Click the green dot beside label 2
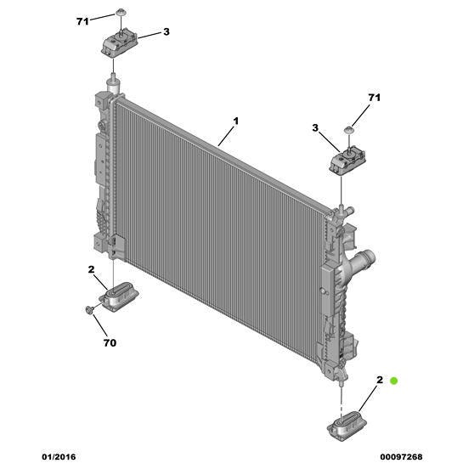pyautogui.click(x=393, y=381)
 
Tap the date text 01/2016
pyautogui.click(x=59, y=457)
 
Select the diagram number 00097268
pyautogui.click(x=401, y=457)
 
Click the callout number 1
pyautogui.click(x=235, y=121)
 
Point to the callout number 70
pyautogui.click(x=110, y=343)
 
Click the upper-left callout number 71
pyautogui.click(x=82, y=21)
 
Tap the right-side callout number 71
pyautogui.click(x=374, y=98)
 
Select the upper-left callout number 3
pyautogui.click(x=167, y=31)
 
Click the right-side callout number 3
pyautogui.click(x=315, y=128)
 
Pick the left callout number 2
pyautogui.click(x=91, y=269)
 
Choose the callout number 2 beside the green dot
pyautogui.click(x=380, y=380)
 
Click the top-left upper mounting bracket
pyautogui.click(x=120, y=43)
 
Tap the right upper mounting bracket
pyautogui.click(x=347, y=161)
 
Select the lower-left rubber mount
pyautogui.click(x=121, y=296)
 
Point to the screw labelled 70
pyautogui.click(x=88, y=309)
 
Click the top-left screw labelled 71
pyautogui.click(x=120, y=12)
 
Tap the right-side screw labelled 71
pyautogui.click(x=349, y=130)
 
